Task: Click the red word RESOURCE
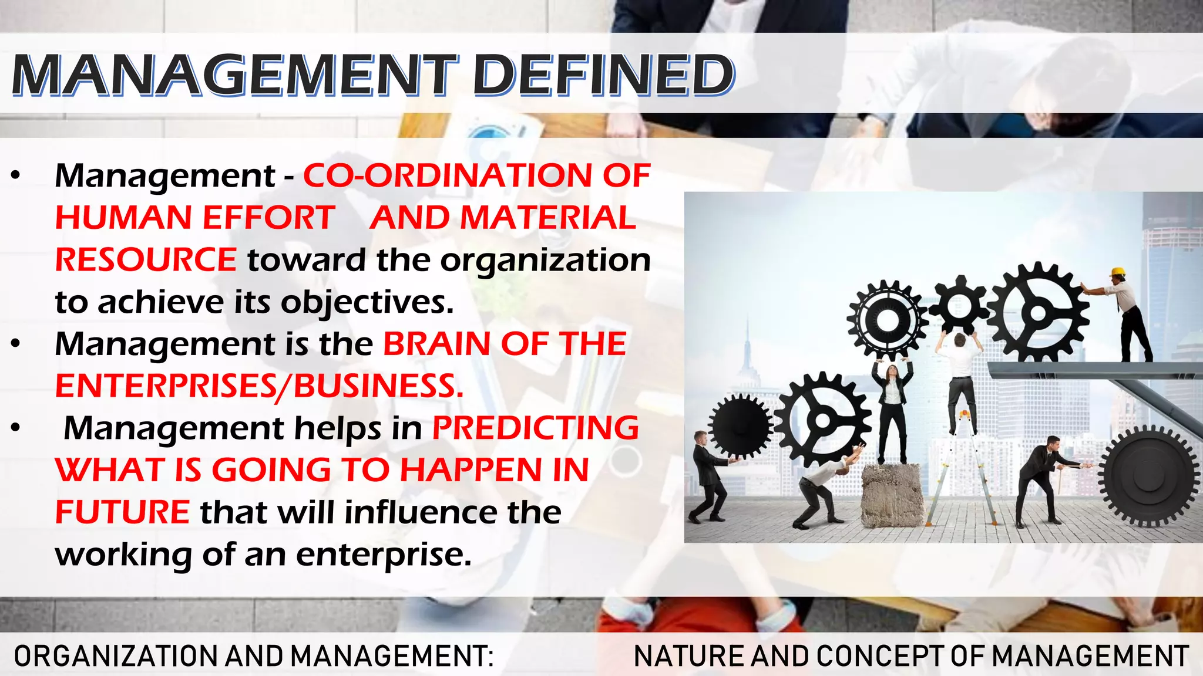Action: (146, 260)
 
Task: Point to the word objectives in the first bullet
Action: (367, 302)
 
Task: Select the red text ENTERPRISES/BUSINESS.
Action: (259, 386)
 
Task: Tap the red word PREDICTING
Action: (535, 428)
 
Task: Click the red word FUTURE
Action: (122, 512)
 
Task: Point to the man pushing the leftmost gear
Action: (708, 475)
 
